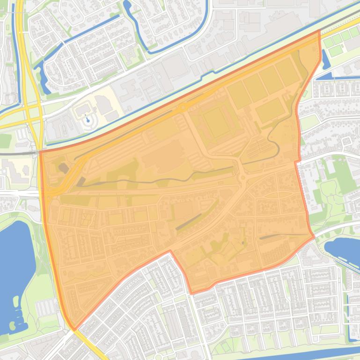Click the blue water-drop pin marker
(88, 120)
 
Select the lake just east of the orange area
(344, 248)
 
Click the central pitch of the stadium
(216, 122)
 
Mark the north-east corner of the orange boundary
(320, 31)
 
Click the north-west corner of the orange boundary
(40, 151)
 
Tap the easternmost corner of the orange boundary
(314, 237)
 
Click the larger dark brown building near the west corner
(63, 168)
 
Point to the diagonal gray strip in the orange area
(188, 222)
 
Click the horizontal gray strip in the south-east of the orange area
(281, 236)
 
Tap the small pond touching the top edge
(127, 6)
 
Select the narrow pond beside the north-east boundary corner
(325, 58)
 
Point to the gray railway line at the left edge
(19, 152)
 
